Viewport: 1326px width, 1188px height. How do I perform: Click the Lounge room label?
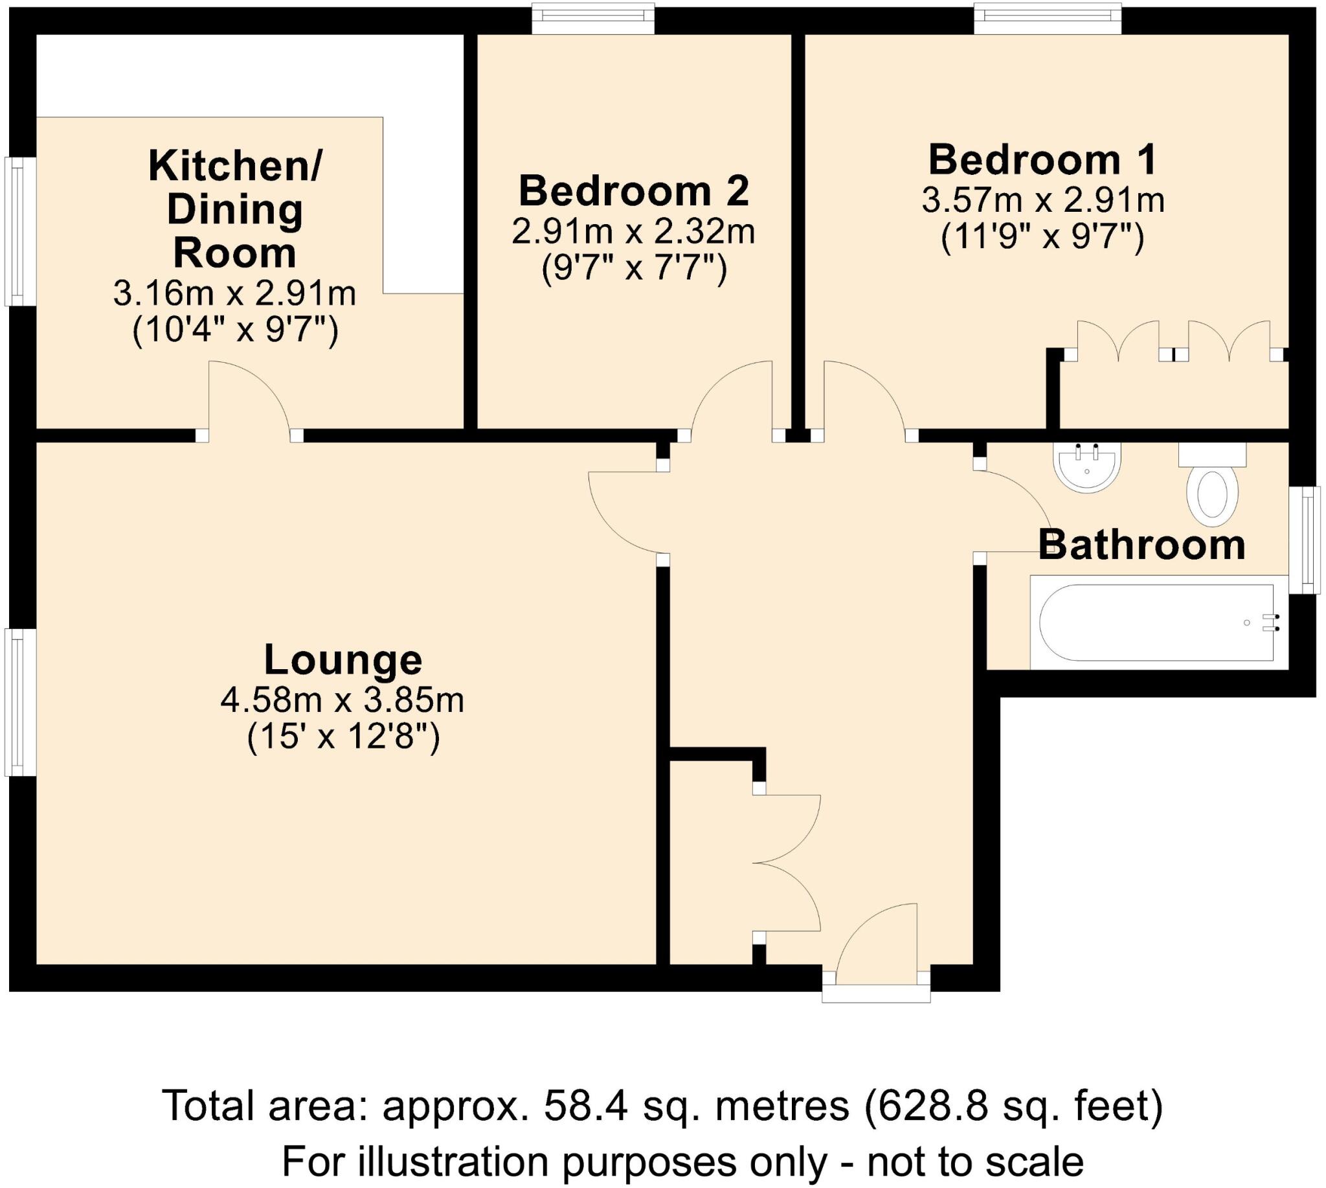click(343, 660)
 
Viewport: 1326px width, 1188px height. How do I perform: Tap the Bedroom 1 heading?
click(1042, 160)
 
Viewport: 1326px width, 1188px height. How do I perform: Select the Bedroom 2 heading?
click(634, 191)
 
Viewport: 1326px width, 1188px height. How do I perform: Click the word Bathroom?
click(1141, 545)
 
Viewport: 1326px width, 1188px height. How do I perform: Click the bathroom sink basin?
click(1086, 466)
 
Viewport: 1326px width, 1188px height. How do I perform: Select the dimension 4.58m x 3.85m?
click(343, 701)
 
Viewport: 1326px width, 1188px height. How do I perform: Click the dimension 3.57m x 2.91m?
click(1042, 200)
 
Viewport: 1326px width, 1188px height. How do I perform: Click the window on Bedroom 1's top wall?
click(1048, 18)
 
